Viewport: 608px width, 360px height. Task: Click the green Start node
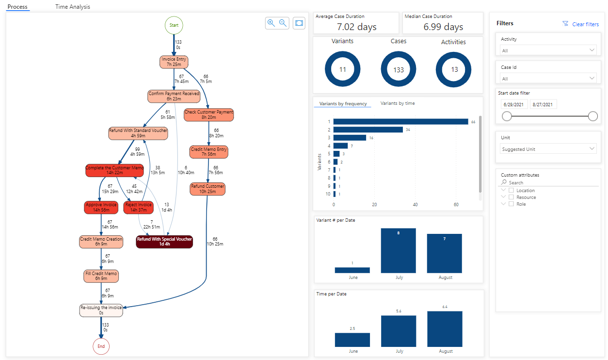(x=174, y=25)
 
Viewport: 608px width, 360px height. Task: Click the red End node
(x=101, y=346)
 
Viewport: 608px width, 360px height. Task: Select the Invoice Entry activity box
(x=174, y=62)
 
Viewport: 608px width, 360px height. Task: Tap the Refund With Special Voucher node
(x=164, y=241)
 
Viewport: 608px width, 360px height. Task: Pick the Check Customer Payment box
(x=208, y=115)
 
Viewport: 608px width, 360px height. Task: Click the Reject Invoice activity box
(x=138, y=207)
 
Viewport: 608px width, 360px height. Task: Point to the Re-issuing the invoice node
(x=101, y=310)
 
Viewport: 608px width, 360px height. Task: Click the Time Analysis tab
(x=73, y=7)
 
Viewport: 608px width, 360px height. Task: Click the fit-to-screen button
(x=299, y=23)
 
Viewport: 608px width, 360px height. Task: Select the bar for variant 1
(x=400, y=122)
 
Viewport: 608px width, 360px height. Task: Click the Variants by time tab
(x=398, y=103)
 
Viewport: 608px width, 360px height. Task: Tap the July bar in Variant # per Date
(x=398, y=251)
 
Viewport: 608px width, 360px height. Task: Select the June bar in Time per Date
(x=352, y=340)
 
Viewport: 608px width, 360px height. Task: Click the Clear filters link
(x=585, y=24)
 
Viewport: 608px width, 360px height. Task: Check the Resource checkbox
(x=511, y=197)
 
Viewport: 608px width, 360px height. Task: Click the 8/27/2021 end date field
(x=543, y=104)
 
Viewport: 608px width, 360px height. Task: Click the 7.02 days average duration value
(x=357, y=27)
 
